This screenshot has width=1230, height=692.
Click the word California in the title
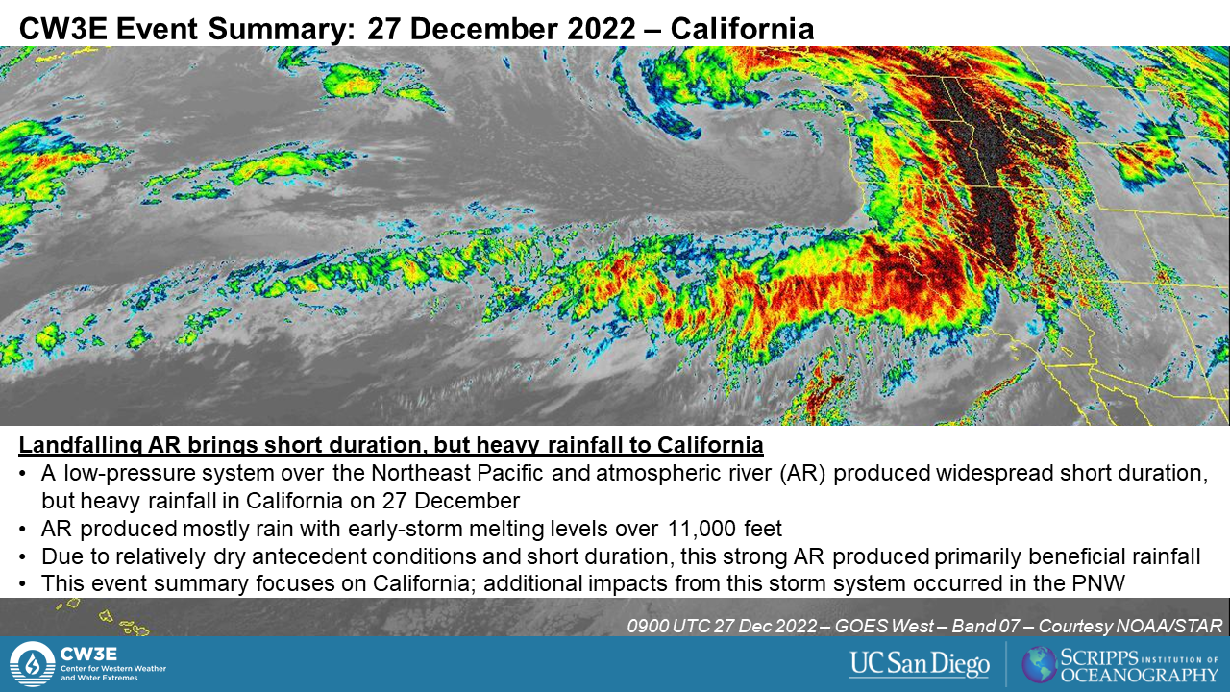click(x=742, y=29)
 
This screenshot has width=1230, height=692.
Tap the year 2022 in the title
click(x=602, y=29)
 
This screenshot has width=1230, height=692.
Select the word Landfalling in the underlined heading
click(x=81, y=445)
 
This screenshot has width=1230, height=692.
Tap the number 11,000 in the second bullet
click(x=702, y=529)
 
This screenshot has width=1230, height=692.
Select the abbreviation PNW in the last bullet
click(x=1098, y=583)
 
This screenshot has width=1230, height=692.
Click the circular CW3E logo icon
click(x=33, y=664)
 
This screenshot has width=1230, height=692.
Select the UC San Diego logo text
click(x=920, y=664)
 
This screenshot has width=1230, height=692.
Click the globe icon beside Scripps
click(x=1040, y=664)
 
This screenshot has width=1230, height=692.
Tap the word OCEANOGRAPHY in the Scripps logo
click(x=1140, y=675)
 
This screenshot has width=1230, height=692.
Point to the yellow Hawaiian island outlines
click(x=104, y=618)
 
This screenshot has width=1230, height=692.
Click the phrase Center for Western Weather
click(x=113, y=668)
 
